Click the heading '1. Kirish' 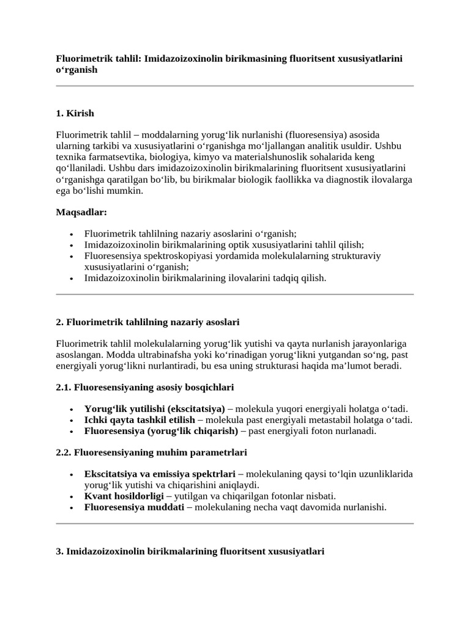pos(75,114)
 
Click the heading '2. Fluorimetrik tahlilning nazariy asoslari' pos(147,322)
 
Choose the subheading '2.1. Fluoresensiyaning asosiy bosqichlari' pos(144,388)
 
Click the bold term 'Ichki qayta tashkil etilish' pos(140,420)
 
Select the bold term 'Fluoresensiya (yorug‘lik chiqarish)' pos(161,431)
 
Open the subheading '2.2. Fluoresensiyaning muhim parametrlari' pos(151,452)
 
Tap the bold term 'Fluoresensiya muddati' pos(134,507)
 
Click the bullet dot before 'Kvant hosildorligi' pos(72,496)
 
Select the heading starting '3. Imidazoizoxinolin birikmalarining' pos(190,551)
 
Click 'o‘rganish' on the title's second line pos(76,70)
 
